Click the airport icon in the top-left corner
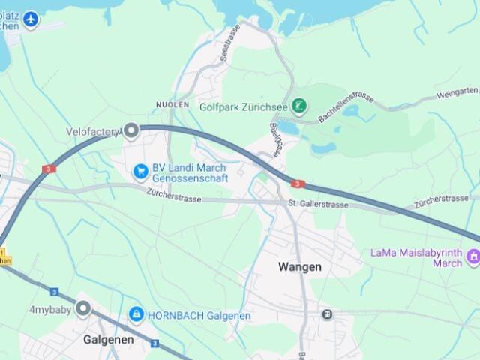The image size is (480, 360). (x=31, y=19)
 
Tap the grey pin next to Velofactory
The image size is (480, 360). (x=131, y=132)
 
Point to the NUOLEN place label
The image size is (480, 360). (x=172, y=105)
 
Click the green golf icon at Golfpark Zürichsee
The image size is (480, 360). (x=299, y=106)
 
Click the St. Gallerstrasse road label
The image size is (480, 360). (x=319, y=205)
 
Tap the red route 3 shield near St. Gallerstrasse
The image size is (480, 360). (x=298, y=184)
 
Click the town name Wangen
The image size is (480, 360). (x=300, y=266)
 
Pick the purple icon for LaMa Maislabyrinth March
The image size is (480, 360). (x=473, y=258)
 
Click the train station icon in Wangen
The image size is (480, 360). (x=327, y=313)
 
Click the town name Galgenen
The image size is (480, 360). (x=108, y=339)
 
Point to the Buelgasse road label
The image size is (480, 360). (x=276, y=139)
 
